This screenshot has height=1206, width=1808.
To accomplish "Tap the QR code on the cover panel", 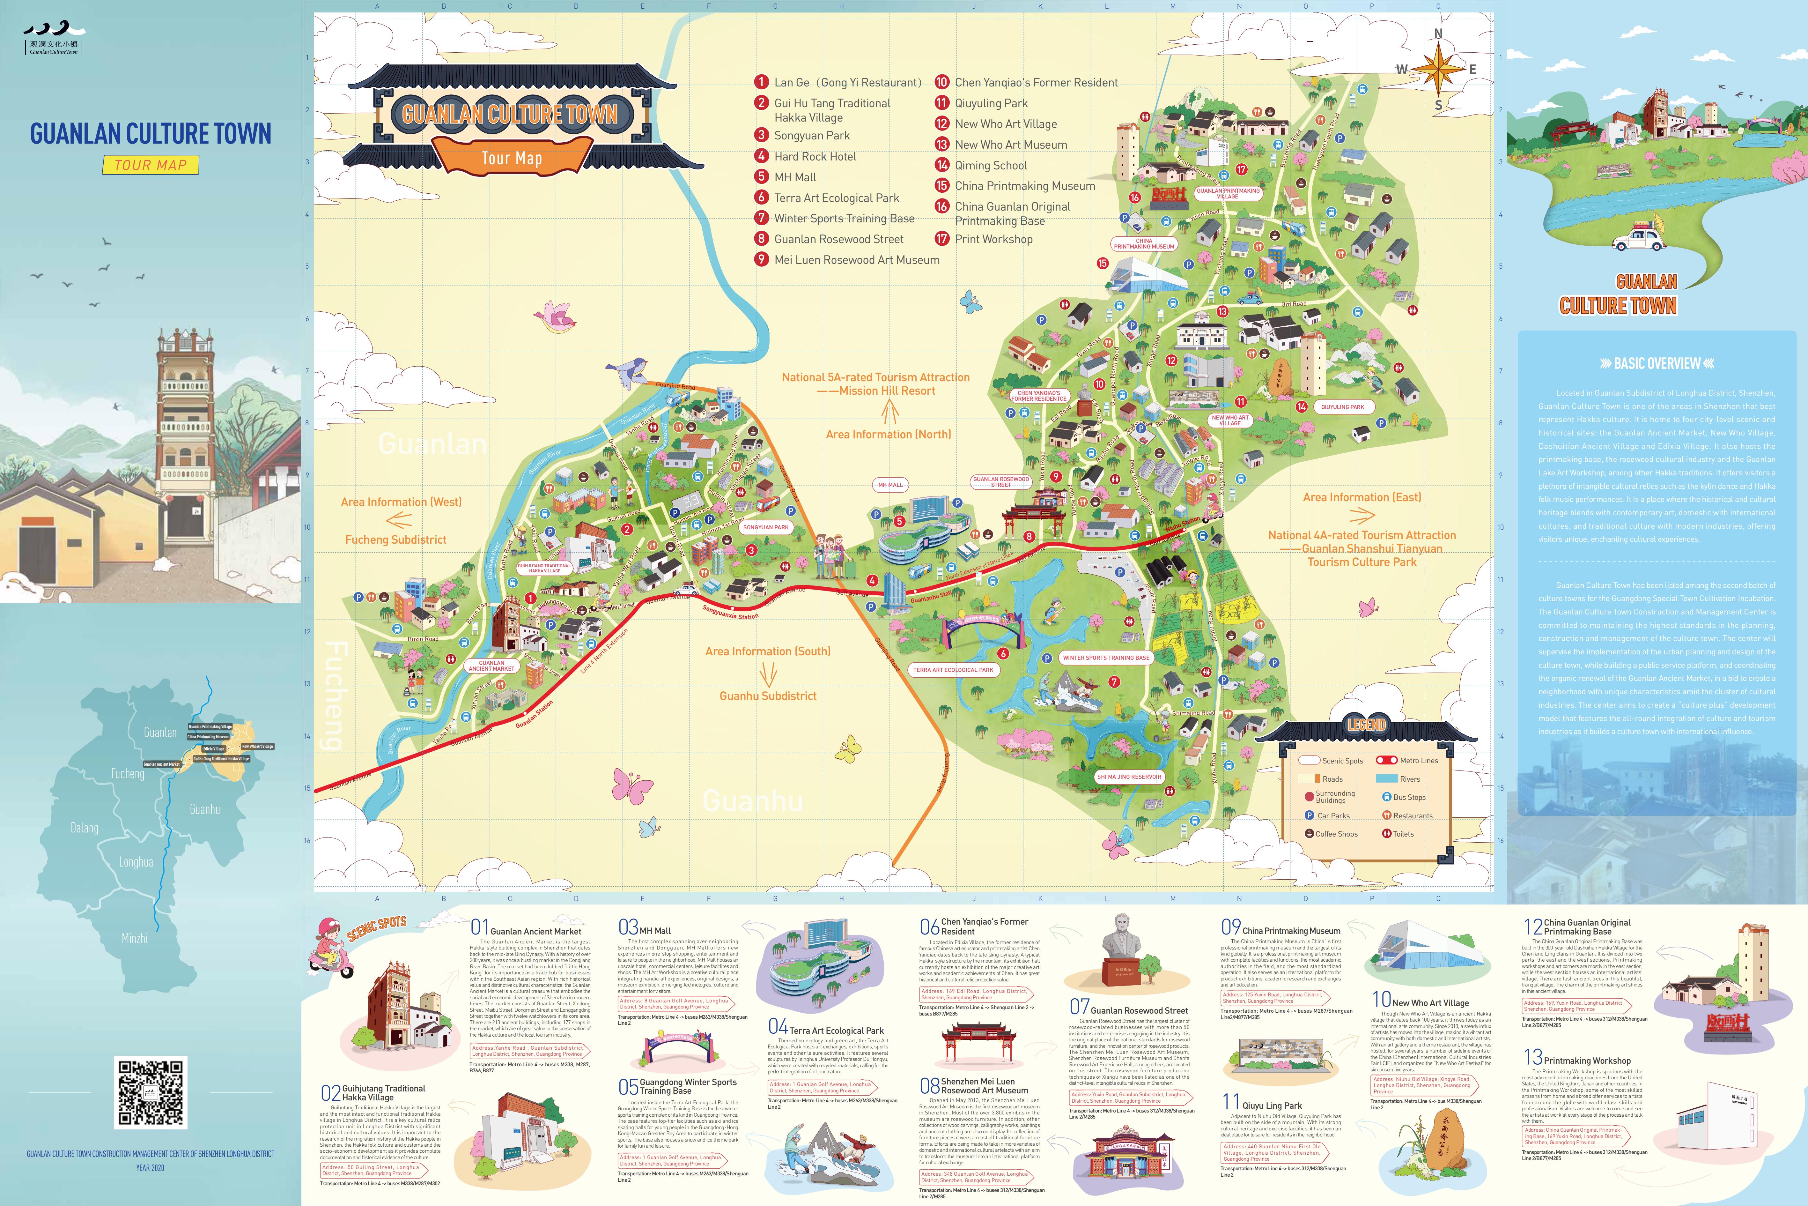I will pos(151,1092).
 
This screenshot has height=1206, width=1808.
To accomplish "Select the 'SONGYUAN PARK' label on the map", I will pos(766,528).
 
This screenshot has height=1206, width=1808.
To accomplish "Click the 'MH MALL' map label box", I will pos(890,485).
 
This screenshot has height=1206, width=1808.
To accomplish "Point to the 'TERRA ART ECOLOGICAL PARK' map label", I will pos(953,670).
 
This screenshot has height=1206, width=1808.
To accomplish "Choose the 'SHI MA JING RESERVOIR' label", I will pos(1128,777).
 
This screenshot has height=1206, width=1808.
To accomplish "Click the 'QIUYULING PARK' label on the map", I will pos(1342,407).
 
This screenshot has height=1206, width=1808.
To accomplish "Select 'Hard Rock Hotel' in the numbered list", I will pos(815,156).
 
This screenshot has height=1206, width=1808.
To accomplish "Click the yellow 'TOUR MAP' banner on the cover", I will pos(151,165).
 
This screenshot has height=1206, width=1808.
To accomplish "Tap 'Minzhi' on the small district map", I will pos(135,938).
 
